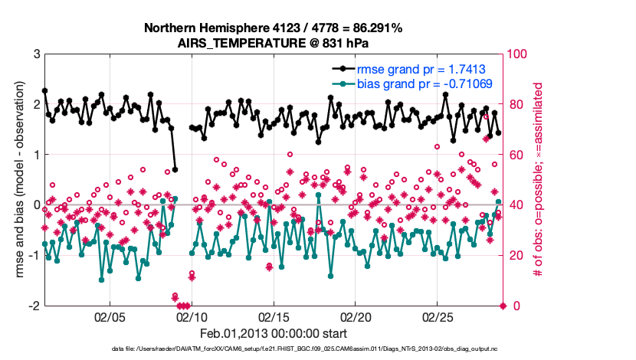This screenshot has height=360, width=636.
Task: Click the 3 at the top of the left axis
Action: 36,54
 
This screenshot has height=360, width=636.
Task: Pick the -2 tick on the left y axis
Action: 34,306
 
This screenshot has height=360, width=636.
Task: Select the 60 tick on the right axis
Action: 515,155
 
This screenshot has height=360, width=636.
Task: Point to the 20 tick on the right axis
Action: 515,255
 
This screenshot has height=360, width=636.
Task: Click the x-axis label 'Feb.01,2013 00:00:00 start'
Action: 274,334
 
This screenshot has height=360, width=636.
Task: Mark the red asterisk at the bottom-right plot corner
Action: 503,306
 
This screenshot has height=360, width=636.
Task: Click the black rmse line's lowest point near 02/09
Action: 175,169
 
